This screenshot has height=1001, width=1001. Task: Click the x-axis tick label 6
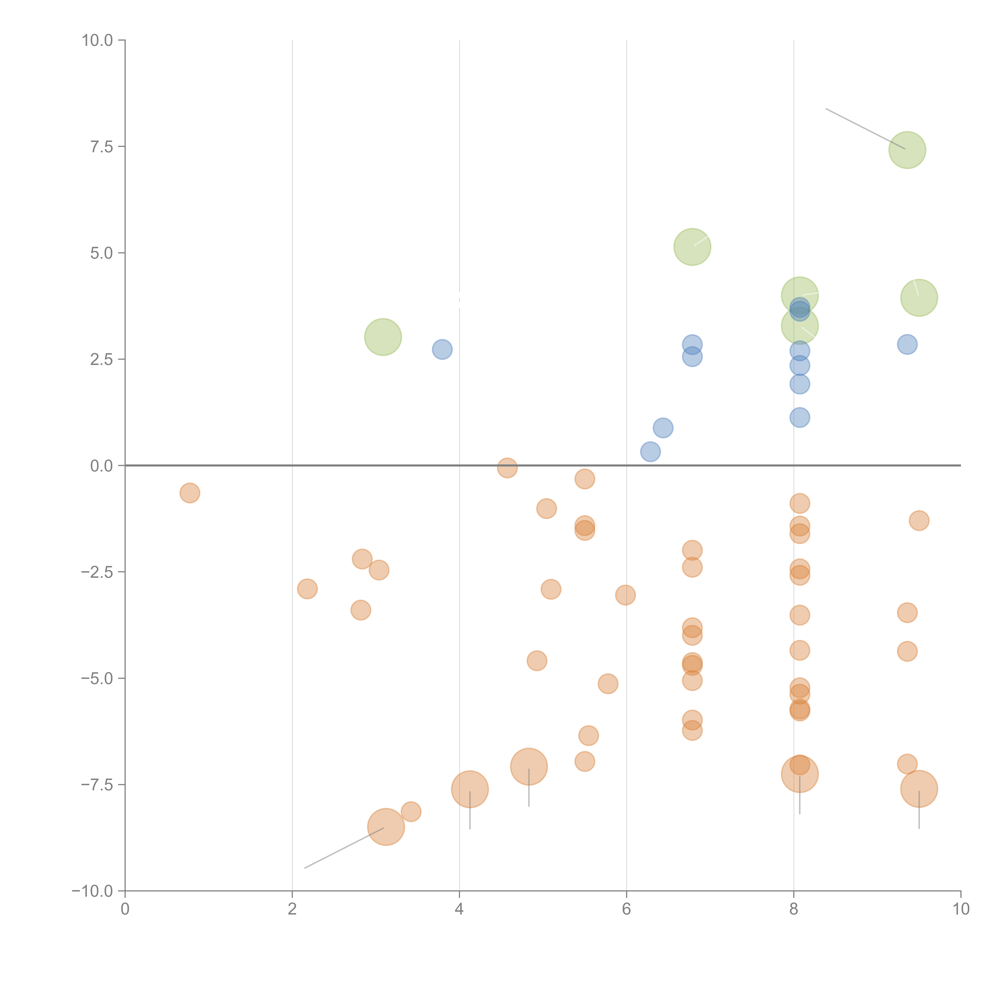[626, 909]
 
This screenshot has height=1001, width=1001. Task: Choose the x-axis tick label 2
[292, 909]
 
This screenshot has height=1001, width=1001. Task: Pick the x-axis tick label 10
[961, 909]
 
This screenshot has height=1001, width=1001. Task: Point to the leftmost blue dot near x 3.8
[442, 350]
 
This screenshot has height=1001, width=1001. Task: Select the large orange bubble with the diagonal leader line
[386, 827]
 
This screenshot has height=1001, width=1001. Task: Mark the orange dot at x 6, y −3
[625, 595]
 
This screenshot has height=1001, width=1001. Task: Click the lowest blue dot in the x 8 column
[799, 418]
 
